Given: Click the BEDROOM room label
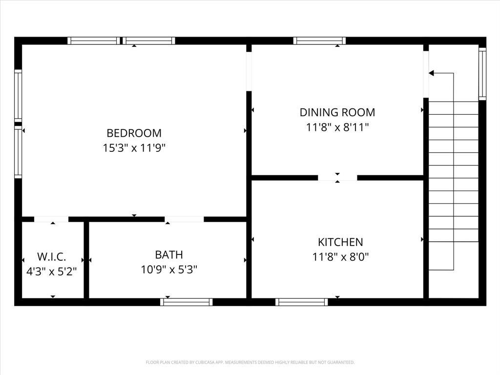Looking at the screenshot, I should click(x=134, y=133).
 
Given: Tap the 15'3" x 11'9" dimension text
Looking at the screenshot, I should click(x=134, y=148).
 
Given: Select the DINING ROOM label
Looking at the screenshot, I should click(x=337, y=112).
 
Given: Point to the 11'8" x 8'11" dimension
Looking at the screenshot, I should click(x=337, y=127).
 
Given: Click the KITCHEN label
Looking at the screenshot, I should click(x=340, y=242).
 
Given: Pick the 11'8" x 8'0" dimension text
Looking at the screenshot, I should click(x=340, y=257).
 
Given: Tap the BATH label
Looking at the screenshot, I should click(x=169, y=254).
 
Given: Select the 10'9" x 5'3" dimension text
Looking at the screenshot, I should click(x=169, y=269).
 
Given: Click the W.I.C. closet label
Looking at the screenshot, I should click(x=51, y=257).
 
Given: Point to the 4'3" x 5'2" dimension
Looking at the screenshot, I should click(x=51, y=271).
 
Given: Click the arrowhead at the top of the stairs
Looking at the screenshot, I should click(x=431, y=73).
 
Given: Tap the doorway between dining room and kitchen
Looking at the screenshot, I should click(x=337, y=178).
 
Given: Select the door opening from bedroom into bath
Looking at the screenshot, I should click(x=184, y=219).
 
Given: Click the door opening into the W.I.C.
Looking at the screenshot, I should click(x=51, y=219).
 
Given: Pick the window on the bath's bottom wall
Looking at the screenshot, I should click(x=187, y=302).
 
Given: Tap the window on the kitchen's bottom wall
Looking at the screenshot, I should click(x=301, y=302).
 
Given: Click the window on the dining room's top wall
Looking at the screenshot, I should click(x=319, y=41).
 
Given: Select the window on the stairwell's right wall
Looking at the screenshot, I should click(x=482, y=74).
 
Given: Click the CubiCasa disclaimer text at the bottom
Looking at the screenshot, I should click(x=250, y=362).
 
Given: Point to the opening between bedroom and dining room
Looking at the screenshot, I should click(x=249, y=71).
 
